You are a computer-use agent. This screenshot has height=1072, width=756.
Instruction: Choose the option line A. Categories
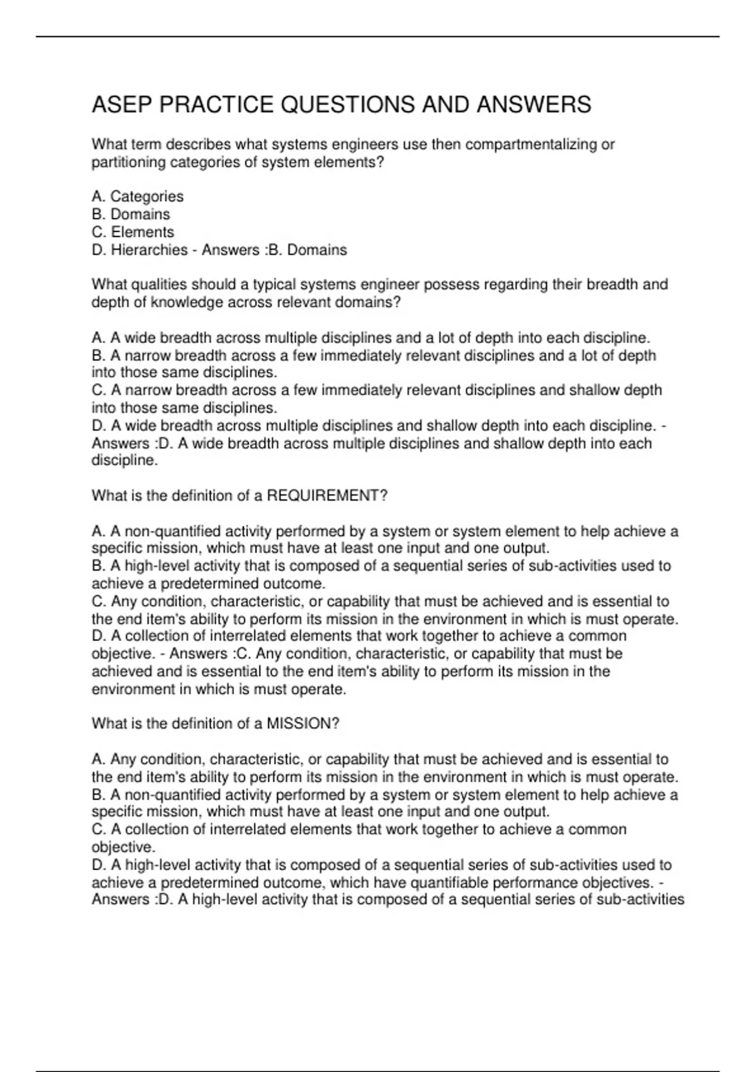[x=137, y=197]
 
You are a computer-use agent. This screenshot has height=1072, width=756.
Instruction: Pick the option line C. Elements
[x=133, y=232]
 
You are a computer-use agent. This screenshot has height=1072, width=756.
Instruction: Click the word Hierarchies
[x=149, y=250]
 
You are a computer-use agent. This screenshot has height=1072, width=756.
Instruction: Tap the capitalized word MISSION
[x=299, y=724]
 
